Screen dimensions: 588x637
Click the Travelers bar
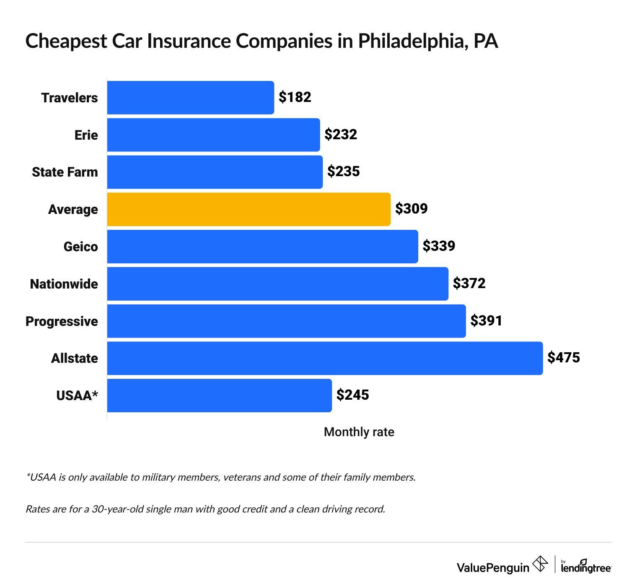point(191,98)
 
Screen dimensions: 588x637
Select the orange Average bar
point(249,209)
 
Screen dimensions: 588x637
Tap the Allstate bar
point(325,358)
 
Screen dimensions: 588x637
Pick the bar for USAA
point(219,395)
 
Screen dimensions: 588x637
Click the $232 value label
point(341,135)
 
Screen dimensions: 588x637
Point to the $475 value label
point(564,358)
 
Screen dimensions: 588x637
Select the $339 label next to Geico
point(439,246)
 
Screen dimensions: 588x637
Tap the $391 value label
point(486,321)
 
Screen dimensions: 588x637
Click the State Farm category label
point(65,172)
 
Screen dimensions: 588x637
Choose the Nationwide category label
point(64,284)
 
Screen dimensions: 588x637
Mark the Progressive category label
point(62,322)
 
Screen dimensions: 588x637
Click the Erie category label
point(86,135)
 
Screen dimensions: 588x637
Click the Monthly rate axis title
point(359,432)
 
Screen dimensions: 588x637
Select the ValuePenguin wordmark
point(493,568)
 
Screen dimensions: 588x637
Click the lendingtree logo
point(586,567)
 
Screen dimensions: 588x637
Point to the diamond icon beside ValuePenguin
point(540,564)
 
